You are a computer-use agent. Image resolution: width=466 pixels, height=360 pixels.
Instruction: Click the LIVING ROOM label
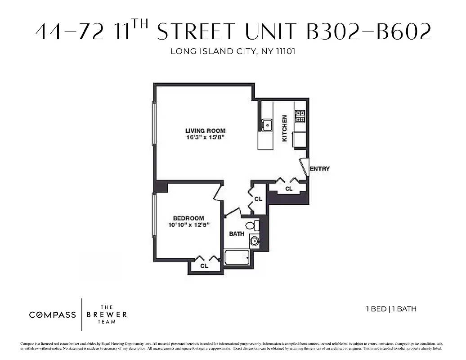(205, 130)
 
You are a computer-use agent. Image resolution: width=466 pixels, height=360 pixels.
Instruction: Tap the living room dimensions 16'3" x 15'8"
(205, 137)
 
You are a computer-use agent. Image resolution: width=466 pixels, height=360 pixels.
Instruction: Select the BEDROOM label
(188, 218)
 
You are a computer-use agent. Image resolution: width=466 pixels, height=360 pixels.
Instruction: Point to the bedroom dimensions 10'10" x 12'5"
(189, 225)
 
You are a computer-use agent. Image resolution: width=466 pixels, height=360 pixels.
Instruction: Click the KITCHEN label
(285, 128)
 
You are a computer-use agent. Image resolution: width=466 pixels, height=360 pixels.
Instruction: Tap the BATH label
(237, 234)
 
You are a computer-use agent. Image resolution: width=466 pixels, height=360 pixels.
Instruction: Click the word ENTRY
(320, 169)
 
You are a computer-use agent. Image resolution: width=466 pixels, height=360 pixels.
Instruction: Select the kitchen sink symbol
(268, 124)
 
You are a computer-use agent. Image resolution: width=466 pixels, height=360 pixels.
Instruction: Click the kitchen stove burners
(300, 117)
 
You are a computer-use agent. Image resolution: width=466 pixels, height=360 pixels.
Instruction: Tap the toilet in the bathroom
(251, 225)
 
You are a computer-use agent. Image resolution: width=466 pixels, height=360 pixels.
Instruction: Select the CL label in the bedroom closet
(204, 266)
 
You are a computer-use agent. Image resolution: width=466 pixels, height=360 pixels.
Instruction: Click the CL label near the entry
(289, 189)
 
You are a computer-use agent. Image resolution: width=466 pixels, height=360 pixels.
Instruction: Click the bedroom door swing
(219, 192)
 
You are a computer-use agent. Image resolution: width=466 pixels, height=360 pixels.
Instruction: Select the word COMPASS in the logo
(53, 315)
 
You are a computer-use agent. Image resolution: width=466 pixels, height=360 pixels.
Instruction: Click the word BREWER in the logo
(107, 315)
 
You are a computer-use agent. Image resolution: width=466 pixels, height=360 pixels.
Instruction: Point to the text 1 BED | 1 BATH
(391, 309)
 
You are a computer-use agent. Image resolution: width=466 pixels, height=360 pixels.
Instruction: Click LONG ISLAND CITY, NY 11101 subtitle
(233, 51)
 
